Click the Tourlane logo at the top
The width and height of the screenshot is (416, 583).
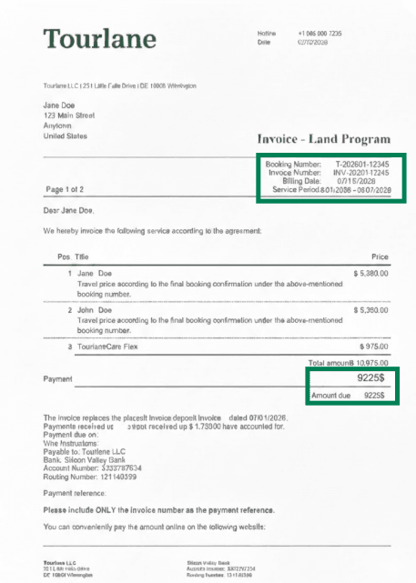click(99, 38)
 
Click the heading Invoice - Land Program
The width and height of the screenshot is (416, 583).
click(324, 140)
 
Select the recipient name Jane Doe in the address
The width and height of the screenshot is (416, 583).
click(60, 105)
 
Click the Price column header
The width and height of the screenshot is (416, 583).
click(380, 257)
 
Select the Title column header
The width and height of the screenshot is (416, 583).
click(82, 257)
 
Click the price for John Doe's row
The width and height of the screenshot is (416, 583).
click(370, 310)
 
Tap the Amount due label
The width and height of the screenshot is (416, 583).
click(330, 397)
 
